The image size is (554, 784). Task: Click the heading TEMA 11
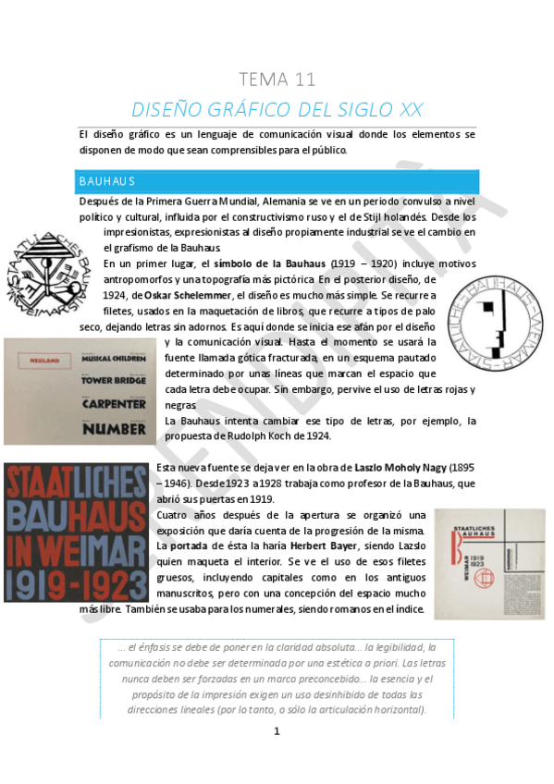(x=277, y=80)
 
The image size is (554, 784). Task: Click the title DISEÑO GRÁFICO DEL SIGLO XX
(x=277, y=109)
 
